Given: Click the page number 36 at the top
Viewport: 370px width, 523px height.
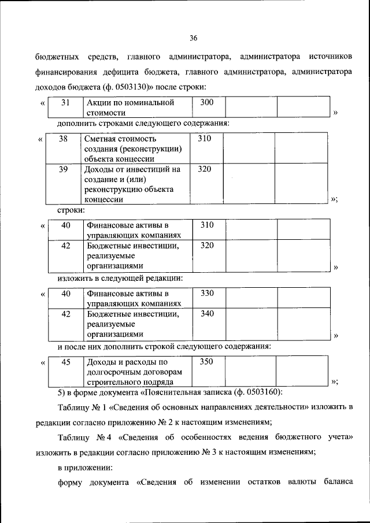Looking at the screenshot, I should coord(194,38).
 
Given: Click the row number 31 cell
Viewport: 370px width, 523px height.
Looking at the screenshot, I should coord(65,103).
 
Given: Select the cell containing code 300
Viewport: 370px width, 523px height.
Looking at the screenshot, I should coord(207,103).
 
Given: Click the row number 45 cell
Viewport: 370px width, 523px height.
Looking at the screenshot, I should coord(65,362).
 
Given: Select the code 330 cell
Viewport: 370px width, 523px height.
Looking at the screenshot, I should coord(207,294).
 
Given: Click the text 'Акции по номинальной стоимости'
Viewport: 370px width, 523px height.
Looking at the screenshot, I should coord(130,107).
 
